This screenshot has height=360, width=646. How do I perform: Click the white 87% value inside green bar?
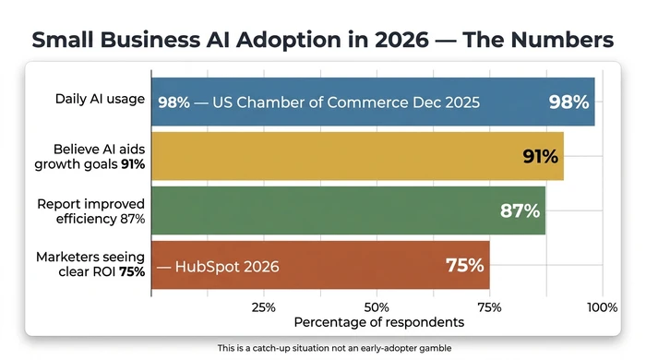520,210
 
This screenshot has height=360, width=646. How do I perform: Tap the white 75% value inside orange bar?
464,265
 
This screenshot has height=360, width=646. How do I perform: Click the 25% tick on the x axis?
264,306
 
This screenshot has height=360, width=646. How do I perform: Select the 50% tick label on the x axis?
377,306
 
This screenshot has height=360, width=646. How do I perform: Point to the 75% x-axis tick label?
490,306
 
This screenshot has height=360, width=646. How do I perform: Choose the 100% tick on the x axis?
602,306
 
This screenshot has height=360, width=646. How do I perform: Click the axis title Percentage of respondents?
378,323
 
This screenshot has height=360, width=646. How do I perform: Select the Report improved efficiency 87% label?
90,210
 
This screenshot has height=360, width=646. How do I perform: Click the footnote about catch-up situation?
322,348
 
